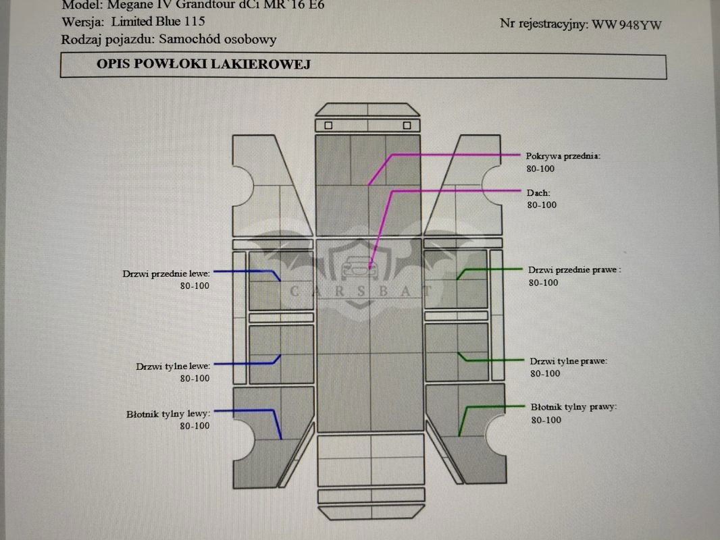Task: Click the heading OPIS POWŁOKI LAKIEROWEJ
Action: tap(203, 65)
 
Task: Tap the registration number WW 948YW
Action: tap(626, 26)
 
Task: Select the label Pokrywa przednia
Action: tap(562, 156)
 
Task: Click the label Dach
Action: tap(538, 193)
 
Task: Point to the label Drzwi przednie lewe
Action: tap(166, 274)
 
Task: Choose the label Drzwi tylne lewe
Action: tap(173, 367)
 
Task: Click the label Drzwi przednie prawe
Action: tap(574, 270)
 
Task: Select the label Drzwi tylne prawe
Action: tap(568, 361)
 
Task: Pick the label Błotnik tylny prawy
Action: tap(573, 408)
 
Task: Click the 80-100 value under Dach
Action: tap(542, 205)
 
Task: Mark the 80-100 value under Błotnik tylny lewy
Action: tap(195, 426)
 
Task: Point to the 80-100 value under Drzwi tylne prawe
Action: tap(545, 373)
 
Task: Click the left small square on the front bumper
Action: tap(329, 126)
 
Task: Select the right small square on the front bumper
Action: tap(407, 126)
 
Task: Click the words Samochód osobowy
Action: tap(217, 40)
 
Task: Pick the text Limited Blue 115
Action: tap(158, 22)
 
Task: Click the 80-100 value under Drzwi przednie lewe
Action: tap(195, 286)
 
